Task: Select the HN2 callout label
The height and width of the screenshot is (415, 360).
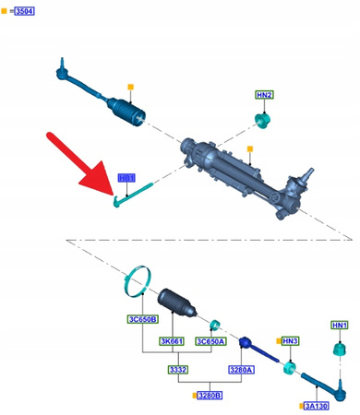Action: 265,96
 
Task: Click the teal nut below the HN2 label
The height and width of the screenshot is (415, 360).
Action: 262,121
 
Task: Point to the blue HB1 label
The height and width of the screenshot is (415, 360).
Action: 126,178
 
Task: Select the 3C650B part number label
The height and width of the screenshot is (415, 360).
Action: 142,319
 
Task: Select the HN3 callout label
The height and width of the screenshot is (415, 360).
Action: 290,341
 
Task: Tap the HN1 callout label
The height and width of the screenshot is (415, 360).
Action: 340,325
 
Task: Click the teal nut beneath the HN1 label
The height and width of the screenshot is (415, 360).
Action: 339,349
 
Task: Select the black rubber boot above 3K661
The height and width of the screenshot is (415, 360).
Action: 175,308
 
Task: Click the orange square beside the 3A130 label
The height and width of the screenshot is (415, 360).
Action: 301,405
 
